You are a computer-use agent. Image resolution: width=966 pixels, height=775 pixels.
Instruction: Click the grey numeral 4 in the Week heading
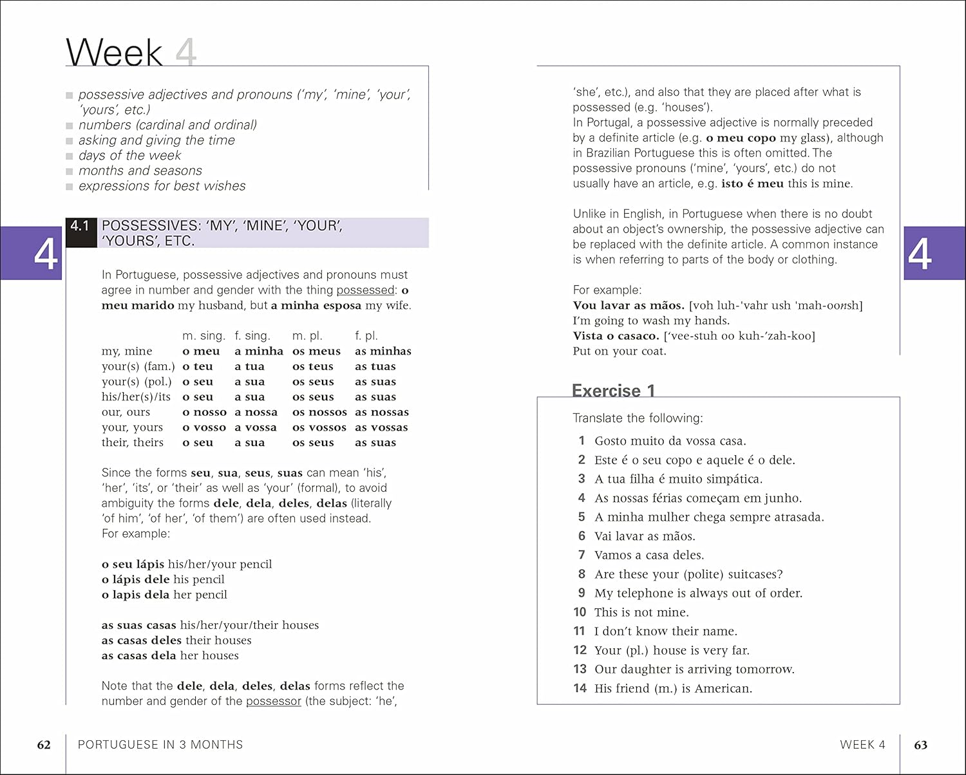click(185, 53)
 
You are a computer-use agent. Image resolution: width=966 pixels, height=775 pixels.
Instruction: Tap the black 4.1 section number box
click(80, 227)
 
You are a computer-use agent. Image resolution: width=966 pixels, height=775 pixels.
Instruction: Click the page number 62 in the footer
click(44, 745)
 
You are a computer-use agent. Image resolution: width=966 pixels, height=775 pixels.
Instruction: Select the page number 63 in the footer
click(921, 745)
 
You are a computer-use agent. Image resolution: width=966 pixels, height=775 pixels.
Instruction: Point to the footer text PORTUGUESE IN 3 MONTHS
click(160, 745)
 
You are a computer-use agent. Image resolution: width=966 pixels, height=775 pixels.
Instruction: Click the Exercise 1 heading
click(613, 391)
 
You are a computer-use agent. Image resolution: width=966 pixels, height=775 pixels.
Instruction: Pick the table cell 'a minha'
click(259, 351)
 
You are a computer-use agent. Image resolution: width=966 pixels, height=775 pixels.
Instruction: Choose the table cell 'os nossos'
click(319, 413)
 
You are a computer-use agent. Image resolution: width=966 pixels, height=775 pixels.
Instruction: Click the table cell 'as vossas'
click(381, 427)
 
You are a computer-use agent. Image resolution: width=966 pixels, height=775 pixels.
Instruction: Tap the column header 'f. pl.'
click(366, 336)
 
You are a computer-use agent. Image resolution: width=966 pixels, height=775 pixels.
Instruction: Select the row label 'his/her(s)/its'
click(136, 397)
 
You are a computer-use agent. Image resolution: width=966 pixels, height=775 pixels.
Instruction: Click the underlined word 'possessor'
click(274, 701)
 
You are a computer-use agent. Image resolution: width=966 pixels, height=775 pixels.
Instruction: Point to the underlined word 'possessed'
click(365, 290)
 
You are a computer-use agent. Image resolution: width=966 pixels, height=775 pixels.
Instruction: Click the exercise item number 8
click(582, 574)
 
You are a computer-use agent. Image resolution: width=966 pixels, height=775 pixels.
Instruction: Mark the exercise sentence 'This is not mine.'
click(641, 612)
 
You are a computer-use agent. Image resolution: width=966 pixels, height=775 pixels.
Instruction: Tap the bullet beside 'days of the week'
click(70, 156)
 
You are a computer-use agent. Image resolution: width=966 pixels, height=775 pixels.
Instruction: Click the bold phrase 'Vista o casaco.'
click(616, 336)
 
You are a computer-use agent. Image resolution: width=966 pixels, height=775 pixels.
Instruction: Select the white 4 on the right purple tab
click(920, 254)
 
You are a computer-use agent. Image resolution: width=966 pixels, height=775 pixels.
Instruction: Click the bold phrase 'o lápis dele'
click(136, 579)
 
